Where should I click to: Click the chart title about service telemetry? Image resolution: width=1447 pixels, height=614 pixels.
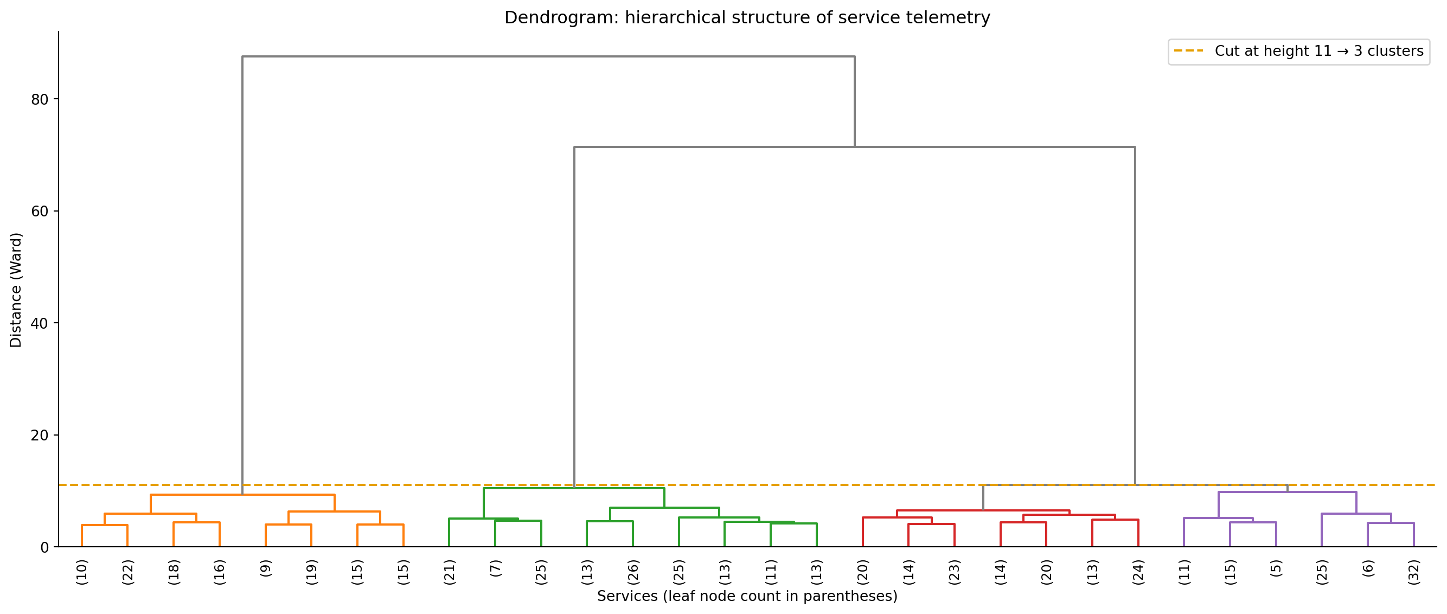tap(747, 18)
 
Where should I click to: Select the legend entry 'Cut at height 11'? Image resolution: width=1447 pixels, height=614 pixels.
tap(1318, 51)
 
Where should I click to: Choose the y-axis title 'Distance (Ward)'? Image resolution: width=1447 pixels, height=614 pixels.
tap(16, 290)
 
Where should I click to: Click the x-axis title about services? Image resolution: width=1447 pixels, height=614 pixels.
tap(747, 596)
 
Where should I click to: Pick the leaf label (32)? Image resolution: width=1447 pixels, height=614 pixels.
tap(1414, 572)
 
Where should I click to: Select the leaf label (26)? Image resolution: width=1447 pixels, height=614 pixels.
tap(633, 572)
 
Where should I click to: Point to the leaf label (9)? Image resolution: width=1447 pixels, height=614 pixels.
tap(266, 568)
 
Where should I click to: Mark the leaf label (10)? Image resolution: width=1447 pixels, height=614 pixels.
tap(82, 572)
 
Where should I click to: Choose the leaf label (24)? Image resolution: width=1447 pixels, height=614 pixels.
tap(1138, 572)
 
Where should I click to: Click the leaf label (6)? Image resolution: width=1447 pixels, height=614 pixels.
tap(1368, 568)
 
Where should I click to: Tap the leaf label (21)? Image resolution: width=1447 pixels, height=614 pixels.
tap(450, 572)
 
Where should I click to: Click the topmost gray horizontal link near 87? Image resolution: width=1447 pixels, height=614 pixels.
tap(548, 57)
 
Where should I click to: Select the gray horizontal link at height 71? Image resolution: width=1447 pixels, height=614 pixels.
tap(854, 147)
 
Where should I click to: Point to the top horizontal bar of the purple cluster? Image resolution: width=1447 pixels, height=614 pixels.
tap(1288, 492)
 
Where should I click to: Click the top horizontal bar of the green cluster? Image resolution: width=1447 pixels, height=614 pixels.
tap(573, 488)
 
